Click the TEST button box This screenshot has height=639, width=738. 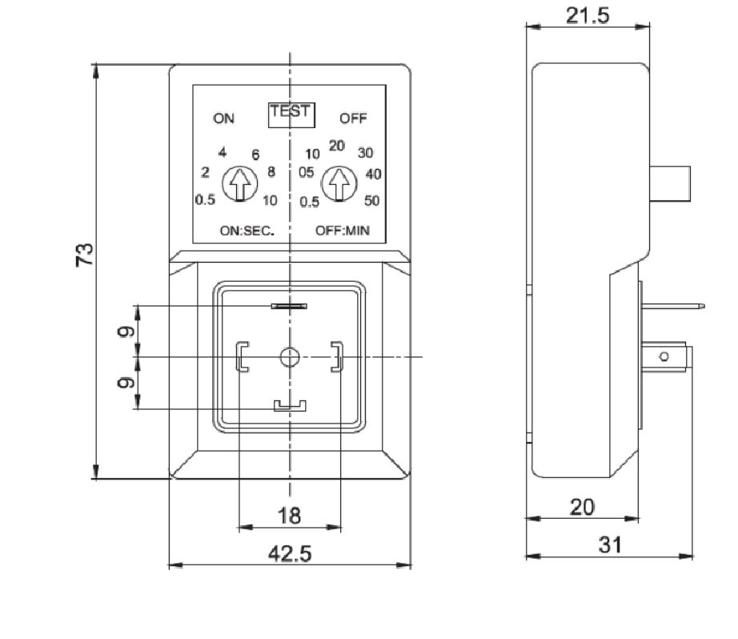tap(292, 115)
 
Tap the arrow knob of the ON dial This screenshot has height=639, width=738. tap(238, 184)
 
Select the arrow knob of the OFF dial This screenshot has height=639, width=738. tap(340, 184)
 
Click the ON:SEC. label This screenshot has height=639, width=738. tap(247, 231)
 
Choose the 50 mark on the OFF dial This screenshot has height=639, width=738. tap(371, 201)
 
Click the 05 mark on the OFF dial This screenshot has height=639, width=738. tap(306, 172)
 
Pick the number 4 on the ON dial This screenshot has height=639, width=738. tap(223, 152)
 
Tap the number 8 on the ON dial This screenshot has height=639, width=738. tap(271, 171)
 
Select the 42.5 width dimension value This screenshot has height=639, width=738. tap(289, 554)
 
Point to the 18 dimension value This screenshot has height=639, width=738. tap(289, 516)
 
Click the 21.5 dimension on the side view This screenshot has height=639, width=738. tap(588, 18)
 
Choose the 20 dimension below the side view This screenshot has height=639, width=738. tap(582, 507)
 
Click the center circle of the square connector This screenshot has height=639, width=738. tap(290, 356)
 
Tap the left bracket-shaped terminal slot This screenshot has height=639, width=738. tap(242, 356)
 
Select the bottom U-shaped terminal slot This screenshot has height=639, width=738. tap(290, 406)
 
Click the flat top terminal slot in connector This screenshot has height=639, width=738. tap(290, 306)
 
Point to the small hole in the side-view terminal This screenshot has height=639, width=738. tap(662, 356)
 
